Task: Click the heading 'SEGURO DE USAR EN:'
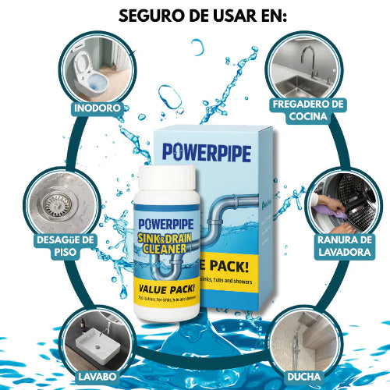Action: click(195, 15)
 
